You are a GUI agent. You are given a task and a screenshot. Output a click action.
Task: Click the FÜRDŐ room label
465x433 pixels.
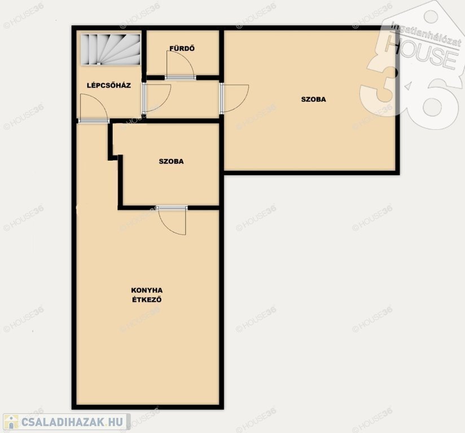(x=182, y=48)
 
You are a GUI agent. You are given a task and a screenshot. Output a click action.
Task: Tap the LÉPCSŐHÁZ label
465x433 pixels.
(x=109, y=85)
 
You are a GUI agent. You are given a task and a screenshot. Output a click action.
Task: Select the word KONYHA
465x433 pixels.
(x=147, y=290)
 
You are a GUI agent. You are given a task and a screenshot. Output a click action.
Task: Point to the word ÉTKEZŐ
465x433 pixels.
(x=147, y=299)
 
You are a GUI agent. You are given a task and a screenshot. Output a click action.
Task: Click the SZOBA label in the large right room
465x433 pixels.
(x=313, y=99)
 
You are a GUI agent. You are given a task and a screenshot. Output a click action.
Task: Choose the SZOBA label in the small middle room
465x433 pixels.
(x=171, y=161)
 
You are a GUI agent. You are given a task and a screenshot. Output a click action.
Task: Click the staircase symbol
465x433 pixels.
(x=111, y=49)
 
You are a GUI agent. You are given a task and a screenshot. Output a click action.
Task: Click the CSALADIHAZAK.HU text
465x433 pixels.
(x=72, y=422)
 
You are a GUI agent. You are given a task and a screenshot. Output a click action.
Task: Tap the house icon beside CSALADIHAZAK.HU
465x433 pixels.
(x=11, y=421)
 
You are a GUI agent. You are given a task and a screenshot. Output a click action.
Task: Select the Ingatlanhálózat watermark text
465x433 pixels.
(x=426, y=33)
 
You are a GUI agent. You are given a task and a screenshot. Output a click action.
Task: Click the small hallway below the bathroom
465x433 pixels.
(x=183, y=99)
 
